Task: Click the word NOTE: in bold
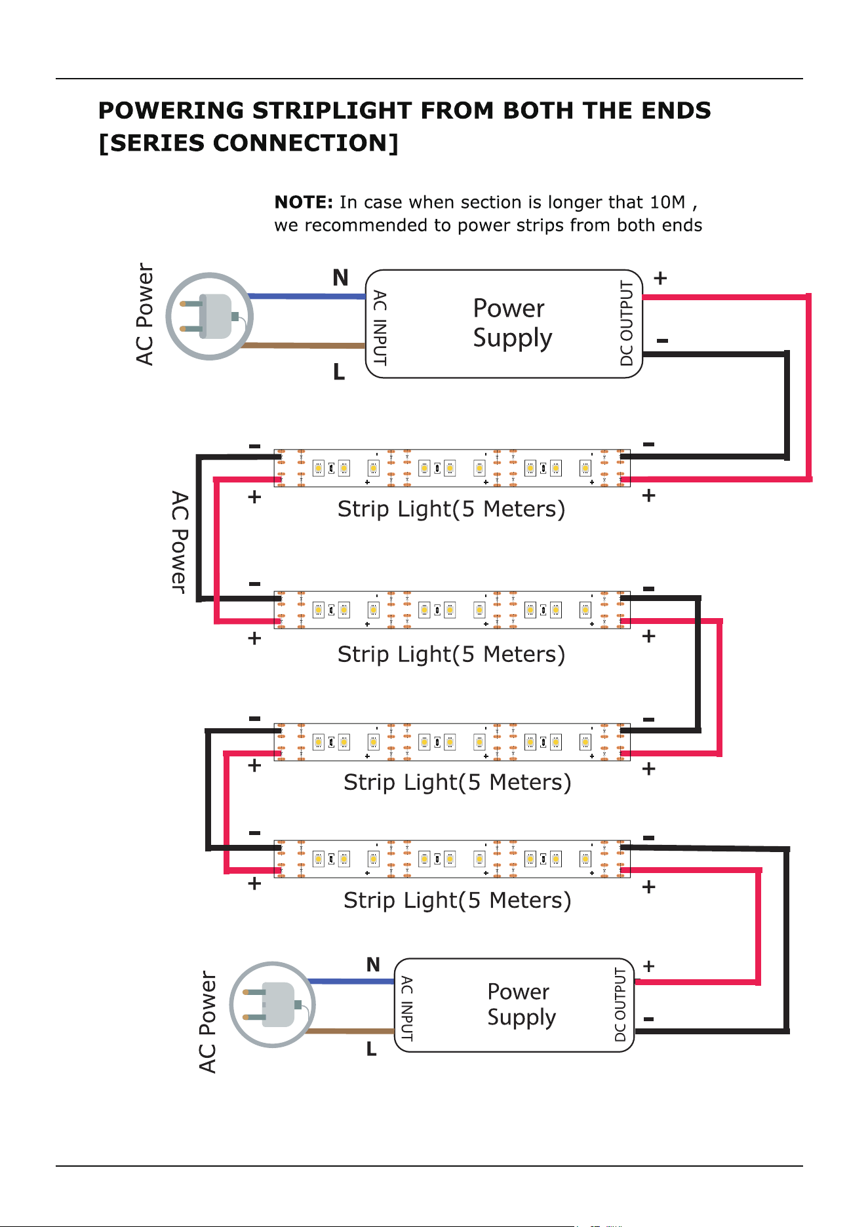click(x=304, y=202)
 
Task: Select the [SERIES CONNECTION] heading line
click(x=248, y=143)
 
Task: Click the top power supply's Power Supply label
click(x=512, y=323)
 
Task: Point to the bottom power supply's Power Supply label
click(x=521, y=1004)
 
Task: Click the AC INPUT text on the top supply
click(x=380, y=328)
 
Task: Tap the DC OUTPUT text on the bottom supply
click(x=620, y=1004)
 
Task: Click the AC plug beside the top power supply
click(x=209, y=317)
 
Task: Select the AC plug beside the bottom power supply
click(x=273, y=1004)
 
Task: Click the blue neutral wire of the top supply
click(x=307, y=296)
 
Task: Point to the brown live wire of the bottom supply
click(x=351, y=1031)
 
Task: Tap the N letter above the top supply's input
click(x=340, y=278)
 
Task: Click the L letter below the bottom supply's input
click(x=372, y=1049)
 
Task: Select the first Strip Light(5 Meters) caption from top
click(x=451, y=509)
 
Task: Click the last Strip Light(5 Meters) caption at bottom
click(x=458, y=901)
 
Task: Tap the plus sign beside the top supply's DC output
click(x=660, y=279)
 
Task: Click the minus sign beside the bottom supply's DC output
click(x=649, y=1019)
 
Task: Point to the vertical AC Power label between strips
click(x=179, y=543)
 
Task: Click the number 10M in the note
click(x=667, y=202)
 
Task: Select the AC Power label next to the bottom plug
click(x=207, y=1022)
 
